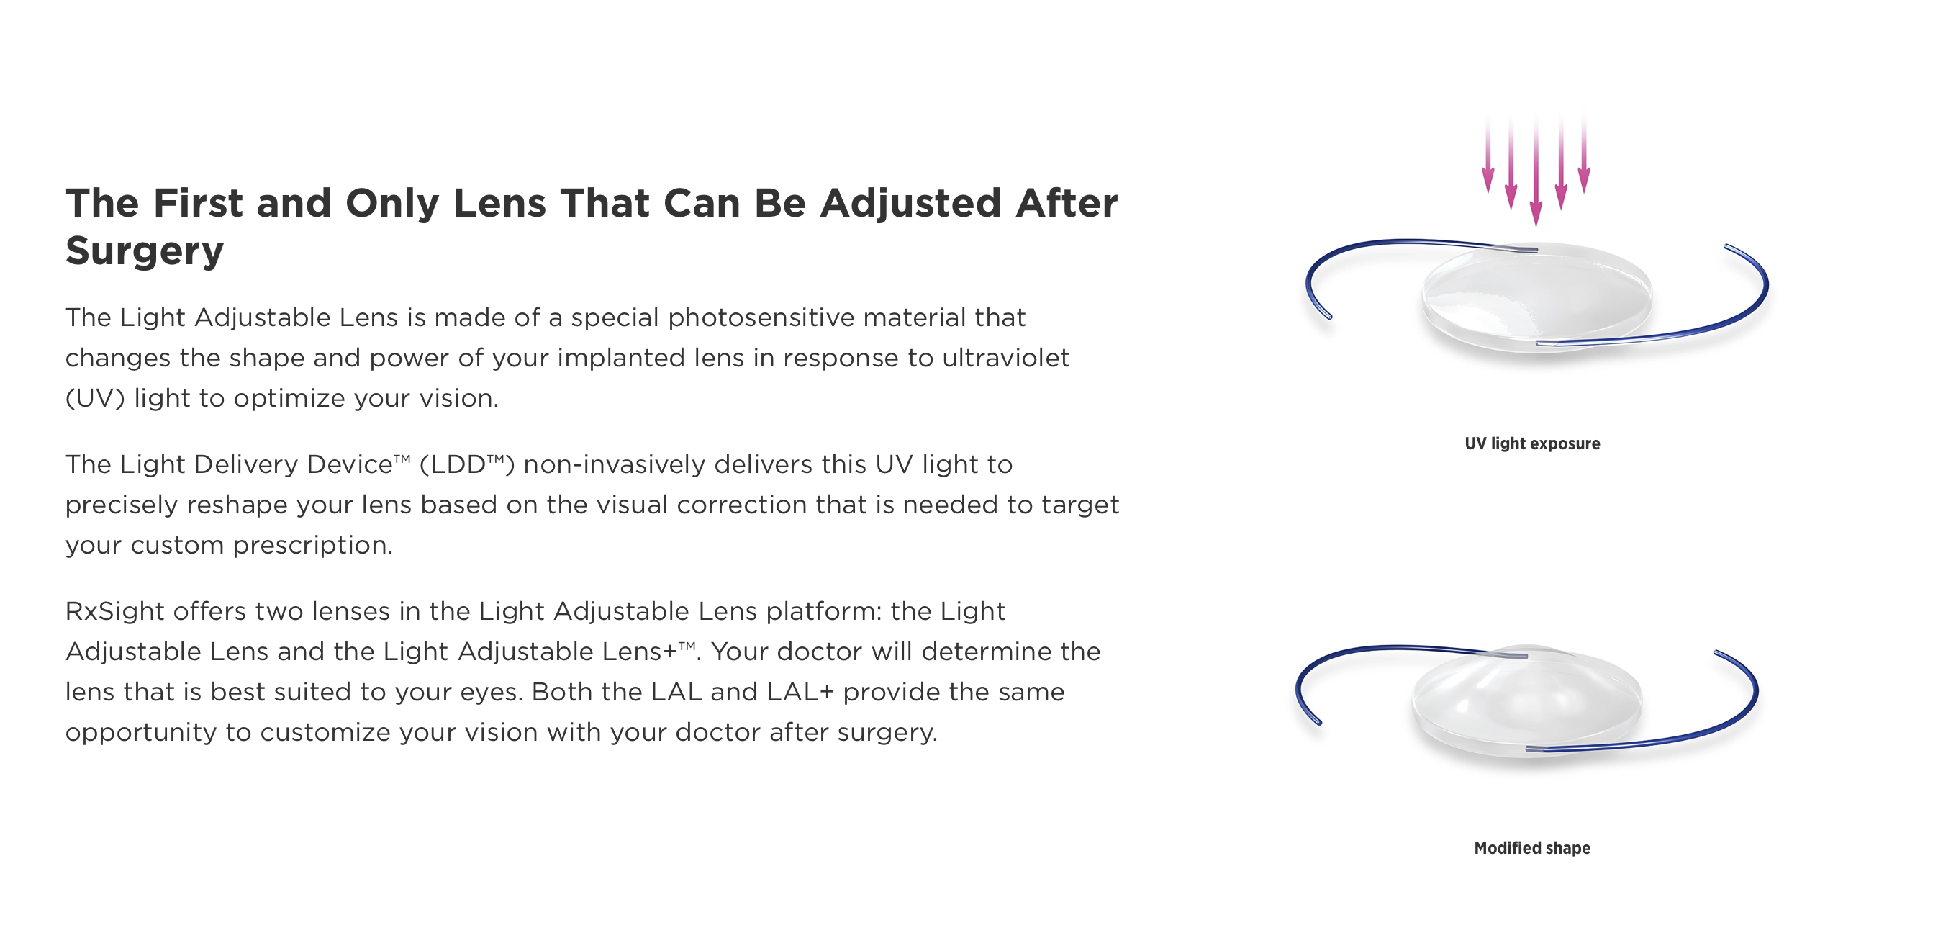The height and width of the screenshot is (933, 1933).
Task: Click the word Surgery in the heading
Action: [x=145, y=251]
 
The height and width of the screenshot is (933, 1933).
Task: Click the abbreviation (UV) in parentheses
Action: [x=95, y=398]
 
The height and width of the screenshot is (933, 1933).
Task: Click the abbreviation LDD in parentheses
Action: [x=457, y=464]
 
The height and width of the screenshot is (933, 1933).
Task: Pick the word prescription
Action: [x=312, y=546]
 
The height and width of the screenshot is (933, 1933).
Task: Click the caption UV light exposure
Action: [x=1532, y=443]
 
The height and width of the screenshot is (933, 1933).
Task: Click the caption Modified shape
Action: [x=1532, y=848]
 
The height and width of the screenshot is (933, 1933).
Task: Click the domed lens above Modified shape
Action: [x=1526, y=702]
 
